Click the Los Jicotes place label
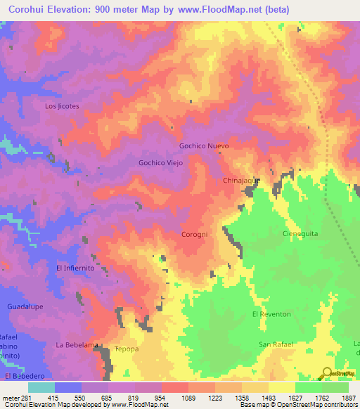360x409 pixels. [x=62, y=106]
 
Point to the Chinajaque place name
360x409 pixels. [x=242, y=181]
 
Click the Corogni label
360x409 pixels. [x=194, y=233]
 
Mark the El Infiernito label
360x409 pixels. [x=75, y=268]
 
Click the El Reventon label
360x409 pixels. [x=271, y=314]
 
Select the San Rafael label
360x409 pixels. [x=275, y=344]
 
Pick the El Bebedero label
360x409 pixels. [x=22, y=377]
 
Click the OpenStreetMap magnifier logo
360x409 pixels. [x=326, y=374]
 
